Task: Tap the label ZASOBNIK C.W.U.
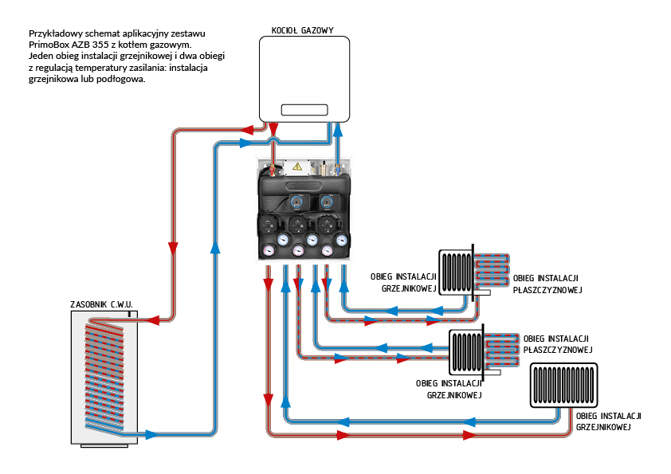(x=104, y=304)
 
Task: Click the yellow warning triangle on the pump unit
(x=298, y=166)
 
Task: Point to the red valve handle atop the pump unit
(x=273, y=168)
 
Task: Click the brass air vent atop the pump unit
(x=323, y=167)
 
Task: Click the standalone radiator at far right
(x=563, y=386)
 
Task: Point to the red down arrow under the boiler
(x=273, y=131)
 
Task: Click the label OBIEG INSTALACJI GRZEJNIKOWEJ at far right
(x=608, y=421)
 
